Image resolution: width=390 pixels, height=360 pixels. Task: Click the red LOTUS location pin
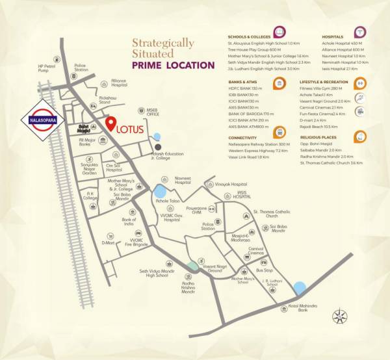pyautogui.click(x=111, y=123)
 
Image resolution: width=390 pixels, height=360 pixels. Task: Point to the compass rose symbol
pyautogui.click(x=340, y=317)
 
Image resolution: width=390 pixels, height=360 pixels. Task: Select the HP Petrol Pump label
pyautogui.click(x=47, y=69)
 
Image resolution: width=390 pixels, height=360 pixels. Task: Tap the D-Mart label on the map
pyautogui.click(x=108, y=243)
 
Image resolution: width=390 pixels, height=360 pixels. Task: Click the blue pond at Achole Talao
pyautogui.click(x=159, y=192)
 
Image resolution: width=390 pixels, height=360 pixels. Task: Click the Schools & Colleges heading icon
pyautogui.click(x=279, y=31)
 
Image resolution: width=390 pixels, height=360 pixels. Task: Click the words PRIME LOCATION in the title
pyautogui.click(x=172, y=66)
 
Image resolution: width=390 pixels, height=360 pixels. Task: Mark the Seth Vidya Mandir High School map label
pyautogui.click(x=154, y=273)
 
